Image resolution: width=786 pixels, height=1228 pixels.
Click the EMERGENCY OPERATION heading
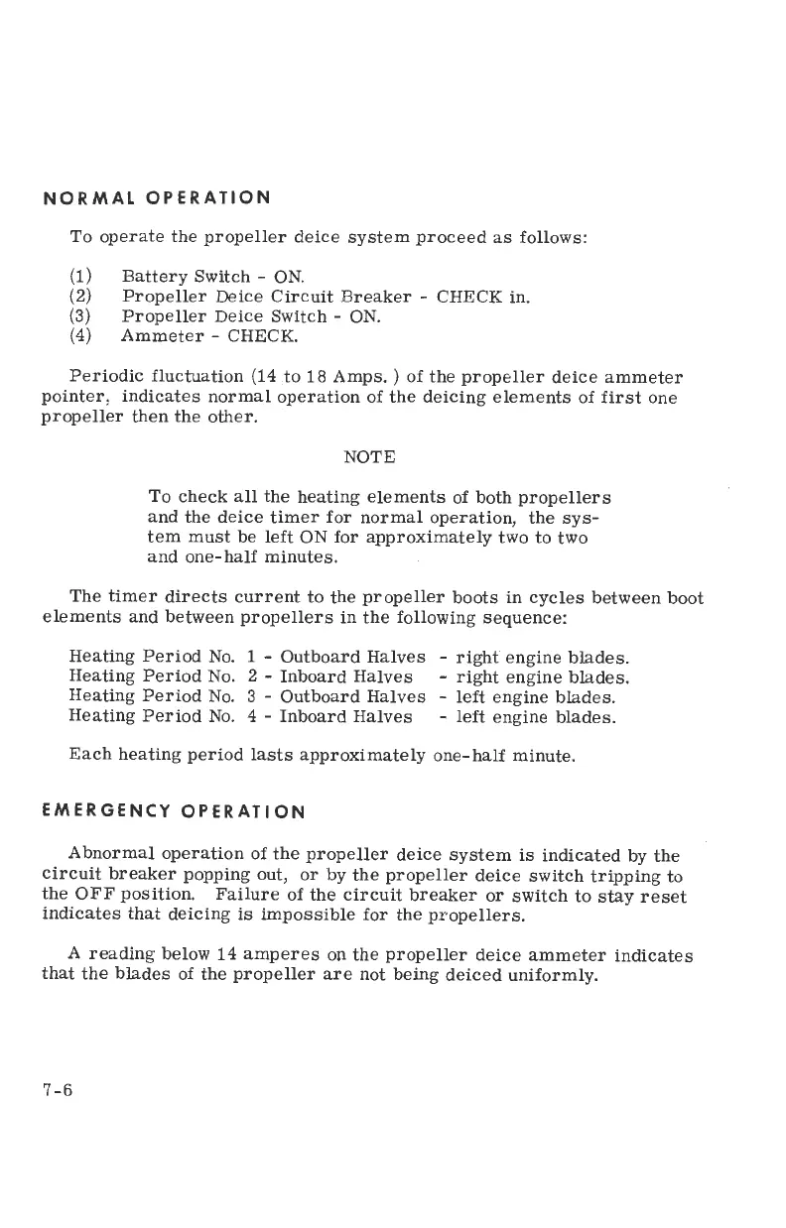click(173, 810)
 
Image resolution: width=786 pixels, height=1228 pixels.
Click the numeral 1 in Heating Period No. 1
click(252, 657)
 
